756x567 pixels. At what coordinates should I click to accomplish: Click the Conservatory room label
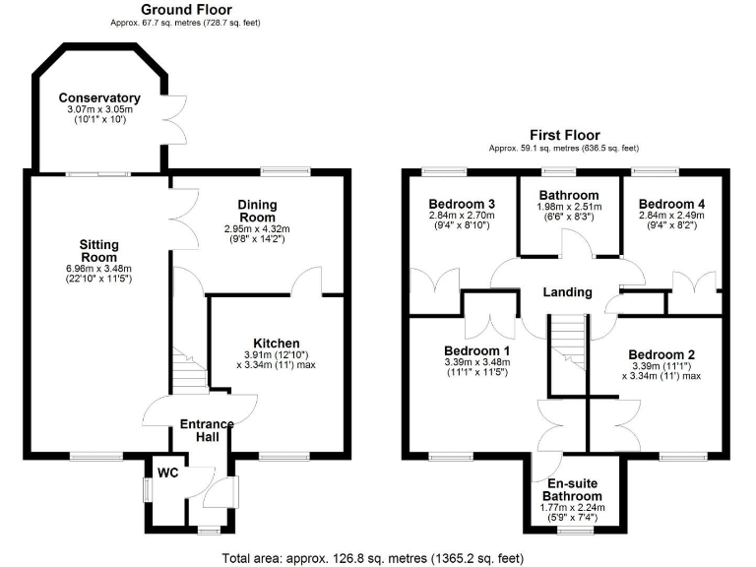[98, 98]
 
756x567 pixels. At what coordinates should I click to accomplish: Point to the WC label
[168, 472]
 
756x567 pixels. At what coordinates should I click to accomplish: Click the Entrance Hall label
[207, 431]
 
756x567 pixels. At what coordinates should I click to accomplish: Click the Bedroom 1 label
[477, 351]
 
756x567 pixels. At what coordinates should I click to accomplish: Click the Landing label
[568, 292]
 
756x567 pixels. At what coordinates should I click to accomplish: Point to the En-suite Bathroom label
[562, 489]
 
